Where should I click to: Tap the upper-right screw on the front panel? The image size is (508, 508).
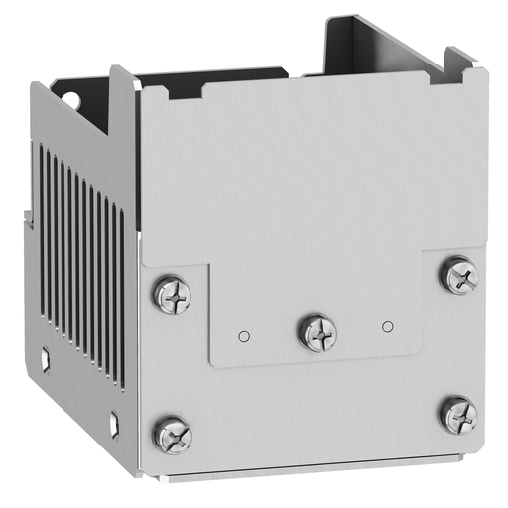pos(458,275)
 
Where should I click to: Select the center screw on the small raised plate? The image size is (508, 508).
pos(317,331)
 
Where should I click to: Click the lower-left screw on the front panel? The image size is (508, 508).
pos(172,434)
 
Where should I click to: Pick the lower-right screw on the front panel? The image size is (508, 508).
pos(458,413)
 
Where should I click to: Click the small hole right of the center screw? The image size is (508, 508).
pos(388,324)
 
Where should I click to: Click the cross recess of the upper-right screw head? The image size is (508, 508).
pos(458,274)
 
